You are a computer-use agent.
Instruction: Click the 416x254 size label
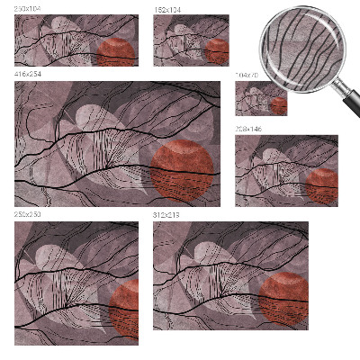(26, 73)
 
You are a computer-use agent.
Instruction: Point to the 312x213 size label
(166, 216)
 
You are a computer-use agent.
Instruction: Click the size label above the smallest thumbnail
(246, 76)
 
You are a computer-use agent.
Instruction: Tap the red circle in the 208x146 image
(321, 185)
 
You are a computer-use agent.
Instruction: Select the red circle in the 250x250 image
(126, 306)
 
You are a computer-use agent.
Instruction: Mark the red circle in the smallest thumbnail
(279, 104)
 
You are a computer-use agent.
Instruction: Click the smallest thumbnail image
(261, 98)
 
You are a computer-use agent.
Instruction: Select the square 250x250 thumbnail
(76, 283)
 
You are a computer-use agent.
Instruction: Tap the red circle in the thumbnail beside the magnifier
(217, 51)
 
